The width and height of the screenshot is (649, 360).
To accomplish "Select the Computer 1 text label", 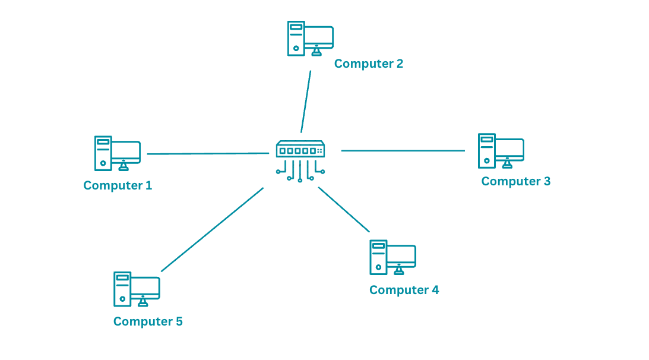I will pyautogui.click(x=118, y=185).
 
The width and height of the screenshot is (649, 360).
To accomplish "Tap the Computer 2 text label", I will pyautogui.click(x=368, y=64).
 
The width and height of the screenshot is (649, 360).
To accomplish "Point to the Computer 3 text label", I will pyautogui.click(x=515, y=181).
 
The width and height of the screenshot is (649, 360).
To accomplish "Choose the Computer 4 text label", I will pyautogui.click(x=404, y=290).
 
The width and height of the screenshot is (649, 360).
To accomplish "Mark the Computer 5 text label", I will pyautogui.click(x=148, y=321).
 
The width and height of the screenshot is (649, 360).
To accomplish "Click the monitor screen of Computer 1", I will pyautogui.click(x=125, y=151).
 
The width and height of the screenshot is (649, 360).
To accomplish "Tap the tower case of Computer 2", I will pyautogui.click(x=296, y=39).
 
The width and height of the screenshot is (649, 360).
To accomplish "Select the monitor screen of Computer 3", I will pyautogui.click(x=509, y=149).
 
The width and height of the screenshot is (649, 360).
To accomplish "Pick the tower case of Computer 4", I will pyautogui.click(x=378, y=257).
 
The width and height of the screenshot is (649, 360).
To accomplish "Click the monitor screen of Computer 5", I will pyautogui.click(x=145, y=288).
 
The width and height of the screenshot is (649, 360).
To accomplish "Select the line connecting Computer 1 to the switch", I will pyautogui.click(x=208, y=153).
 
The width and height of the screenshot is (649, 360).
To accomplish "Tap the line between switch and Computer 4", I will pyautogui.click(x=344, y=209).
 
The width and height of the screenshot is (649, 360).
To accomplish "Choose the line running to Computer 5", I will pyautogui.click(x=212, y=230).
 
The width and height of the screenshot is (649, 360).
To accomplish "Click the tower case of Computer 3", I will pyautogui.click(x=486, y=151).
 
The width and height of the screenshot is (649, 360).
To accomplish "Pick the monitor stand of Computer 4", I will pyautogui.click(x=398, y=270).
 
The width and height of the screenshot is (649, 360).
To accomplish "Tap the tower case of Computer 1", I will pyautogui.click(x=103, y=153).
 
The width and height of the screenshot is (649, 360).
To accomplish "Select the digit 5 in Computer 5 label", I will pyautogui.click(x=179, y=321).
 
